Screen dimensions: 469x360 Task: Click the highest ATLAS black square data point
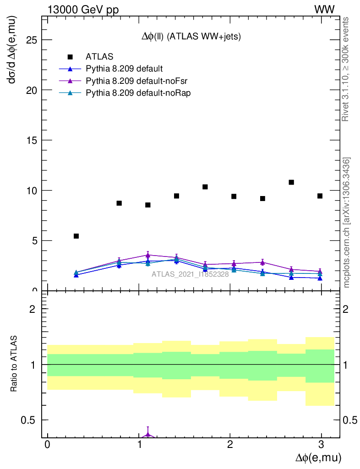coord(291,182)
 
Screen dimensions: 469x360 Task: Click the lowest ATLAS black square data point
coord(76,236)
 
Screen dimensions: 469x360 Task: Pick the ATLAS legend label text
coord(99,57)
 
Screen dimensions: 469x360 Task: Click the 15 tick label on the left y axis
coord(31,140)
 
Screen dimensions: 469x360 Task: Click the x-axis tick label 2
coord(230,445)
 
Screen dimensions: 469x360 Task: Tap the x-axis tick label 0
coord(47,445)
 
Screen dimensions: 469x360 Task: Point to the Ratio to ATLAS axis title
coord(15,365)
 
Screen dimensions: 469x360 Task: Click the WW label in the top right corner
coord(324,10)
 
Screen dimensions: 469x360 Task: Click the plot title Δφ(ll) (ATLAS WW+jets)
coord(191,37)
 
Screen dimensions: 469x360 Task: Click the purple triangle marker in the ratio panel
coord(147,434)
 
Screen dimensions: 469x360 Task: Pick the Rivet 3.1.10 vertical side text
coord(346,69)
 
